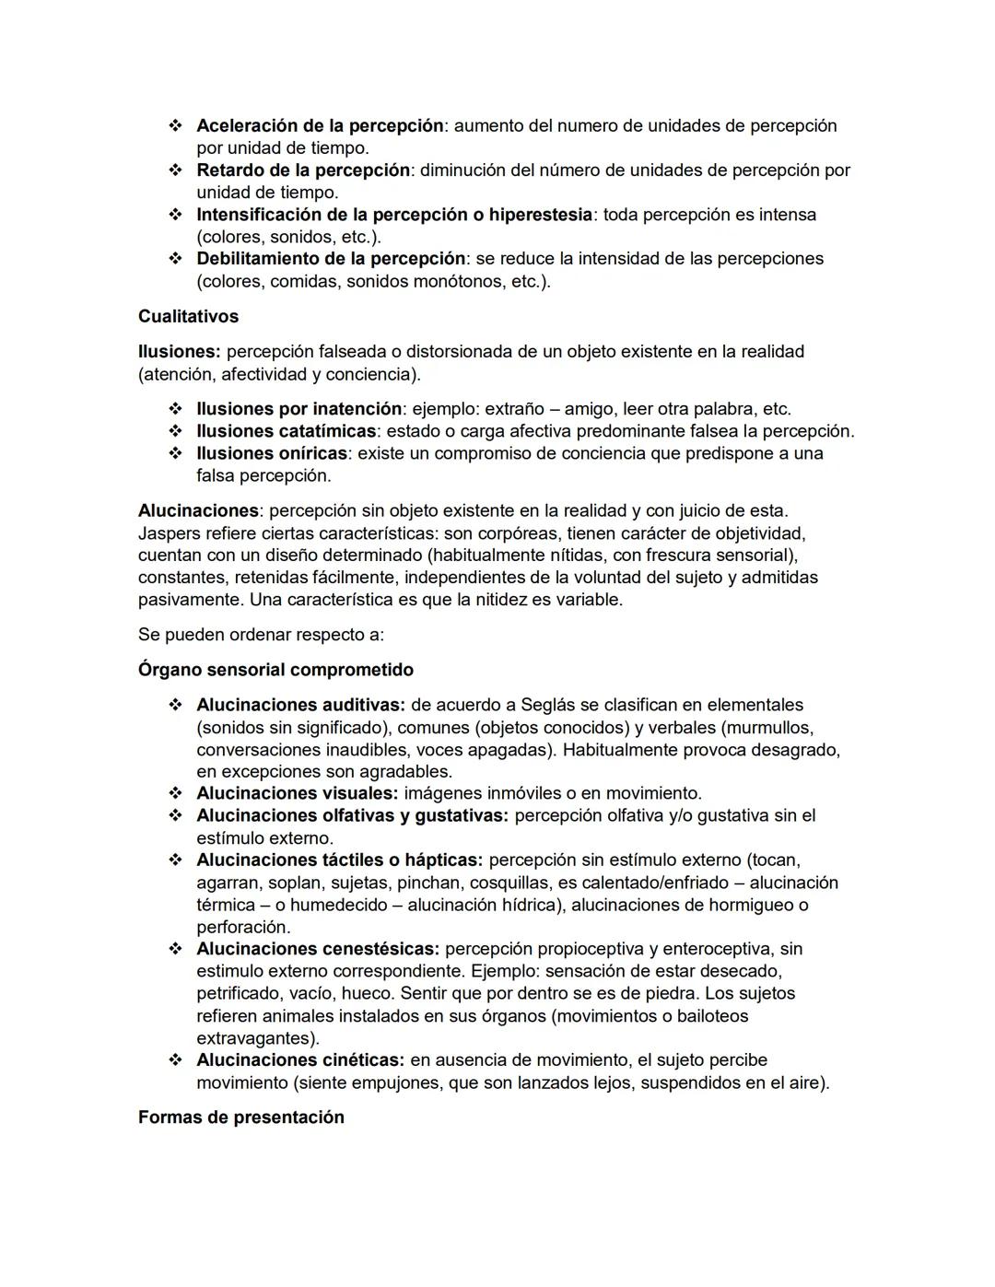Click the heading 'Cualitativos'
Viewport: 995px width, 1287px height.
coord(188,316)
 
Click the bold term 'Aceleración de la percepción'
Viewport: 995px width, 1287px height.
coord(320,125)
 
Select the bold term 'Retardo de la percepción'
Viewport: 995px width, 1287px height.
coord(302,170)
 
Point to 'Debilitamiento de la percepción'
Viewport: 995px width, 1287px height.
coord(331,258)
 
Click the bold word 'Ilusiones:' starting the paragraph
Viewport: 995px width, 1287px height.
coord(179,351)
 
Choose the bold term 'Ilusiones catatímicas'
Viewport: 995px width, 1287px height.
coord(286,431)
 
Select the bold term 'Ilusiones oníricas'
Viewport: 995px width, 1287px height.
coord(272,453)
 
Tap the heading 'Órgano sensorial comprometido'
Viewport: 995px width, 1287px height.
coord(275,670)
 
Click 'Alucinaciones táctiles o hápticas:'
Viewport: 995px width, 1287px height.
coord(339,860)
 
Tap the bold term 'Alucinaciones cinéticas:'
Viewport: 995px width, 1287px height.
coord(300,1059)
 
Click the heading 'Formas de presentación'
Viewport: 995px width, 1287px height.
coord(240,1117)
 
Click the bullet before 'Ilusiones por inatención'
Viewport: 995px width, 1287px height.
coord(175,409)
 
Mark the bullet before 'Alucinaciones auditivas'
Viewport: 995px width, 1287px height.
coord(175,705)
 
